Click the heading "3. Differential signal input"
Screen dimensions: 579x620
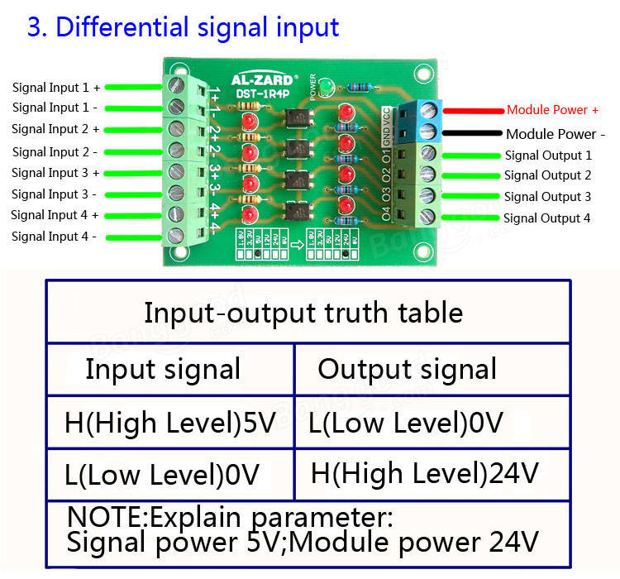point(183,26)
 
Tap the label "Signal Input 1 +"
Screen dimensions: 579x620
point(56,87)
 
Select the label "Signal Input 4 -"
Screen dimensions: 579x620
point(54,237)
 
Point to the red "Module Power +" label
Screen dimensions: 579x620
point(552,109)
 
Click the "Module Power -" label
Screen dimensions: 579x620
point(556,133)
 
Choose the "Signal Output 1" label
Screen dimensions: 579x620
point(548,155)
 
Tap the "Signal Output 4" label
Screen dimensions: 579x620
point(546,218)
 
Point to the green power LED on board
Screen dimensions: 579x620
point(327,86)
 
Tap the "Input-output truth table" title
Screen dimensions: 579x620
point(303,313)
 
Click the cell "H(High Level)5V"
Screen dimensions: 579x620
point(169,423)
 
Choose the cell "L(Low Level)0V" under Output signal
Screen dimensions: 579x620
point(405,423)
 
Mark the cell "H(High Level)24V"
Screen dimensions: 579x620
point(424,473)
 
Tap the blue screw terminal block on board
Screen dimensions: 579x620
point(427,120)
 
